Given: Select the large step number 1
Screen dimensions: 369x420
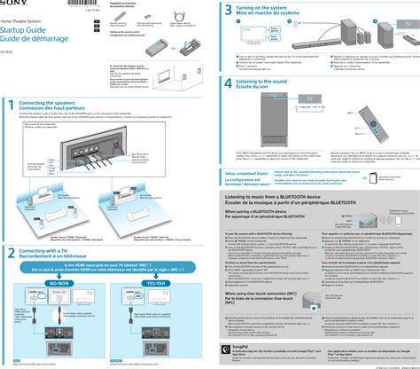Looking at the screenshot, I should coord(11,82).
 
